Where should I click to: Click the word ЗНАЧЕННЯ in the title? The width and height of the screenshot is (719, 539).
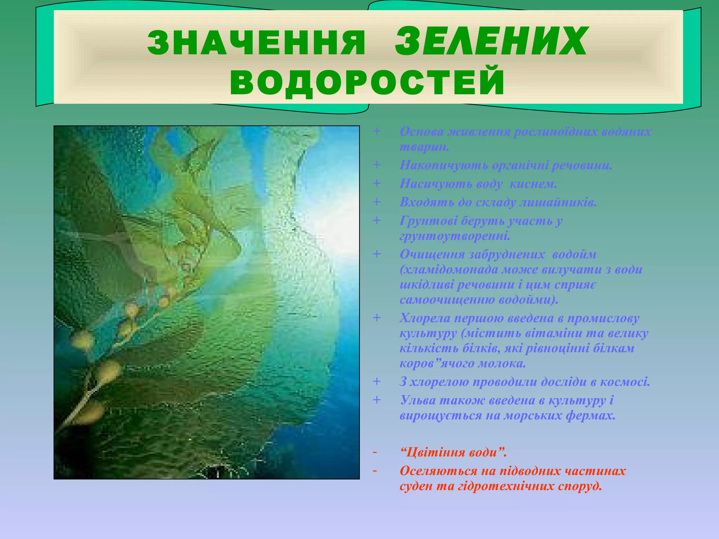tap(256, 43)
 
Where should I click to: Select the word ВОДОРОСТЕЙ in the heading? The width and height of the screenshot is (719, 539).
tap(367, 83)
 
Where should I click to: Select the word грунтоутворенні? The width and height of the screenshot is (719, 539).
tap(455, 236)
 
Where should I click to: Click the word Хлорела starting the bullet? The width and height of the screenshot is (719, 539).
tap(424, 318)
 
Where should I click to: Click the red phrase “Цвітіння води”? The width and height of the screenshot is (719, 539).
tap(453, 452)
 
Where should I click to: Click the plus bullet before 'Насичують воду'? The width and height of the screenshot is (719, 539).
tap(377, 183)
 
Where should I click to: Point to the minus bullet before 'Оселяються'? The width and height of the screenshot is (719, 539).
tap(375, 471)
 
